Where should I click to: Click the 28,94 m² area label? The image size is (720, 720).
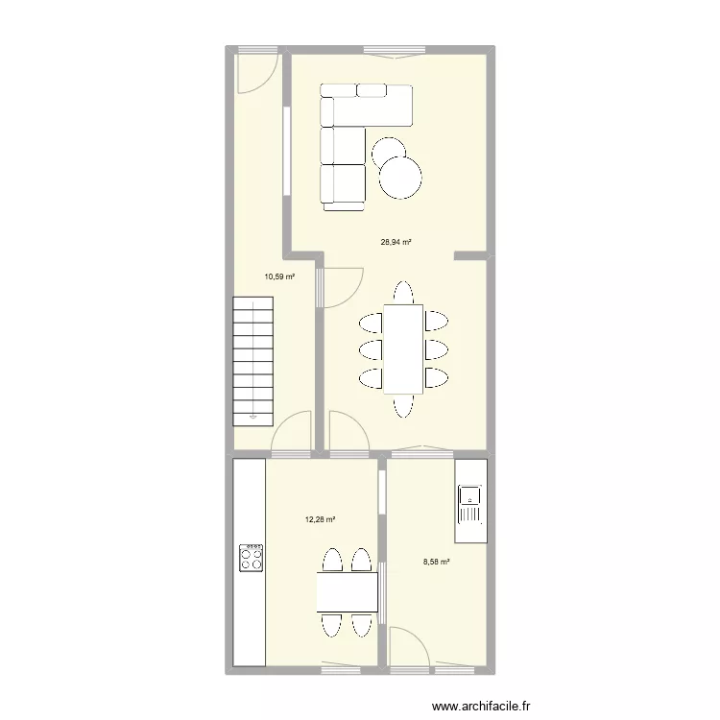click(396, 243)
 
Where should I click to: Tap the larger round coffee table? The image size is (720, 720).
click(400, 177)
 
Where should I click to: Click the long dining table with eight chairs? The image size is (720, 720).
click(403, 349)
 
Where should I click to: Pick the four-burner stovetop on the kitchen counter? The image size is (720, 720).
click(252, 558)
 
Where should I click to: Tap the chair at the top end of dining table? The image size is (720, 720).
click(403, 291)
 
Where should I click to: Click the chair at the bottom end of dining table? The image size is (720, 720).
click(403, 407)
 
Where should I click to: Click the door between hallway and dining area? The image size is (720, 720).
click(341, 286)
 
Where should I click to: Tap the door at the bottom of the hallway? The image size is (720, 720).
click(292, 431)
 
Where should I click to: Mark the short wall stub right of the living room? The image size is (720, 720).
click(470, 255)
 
